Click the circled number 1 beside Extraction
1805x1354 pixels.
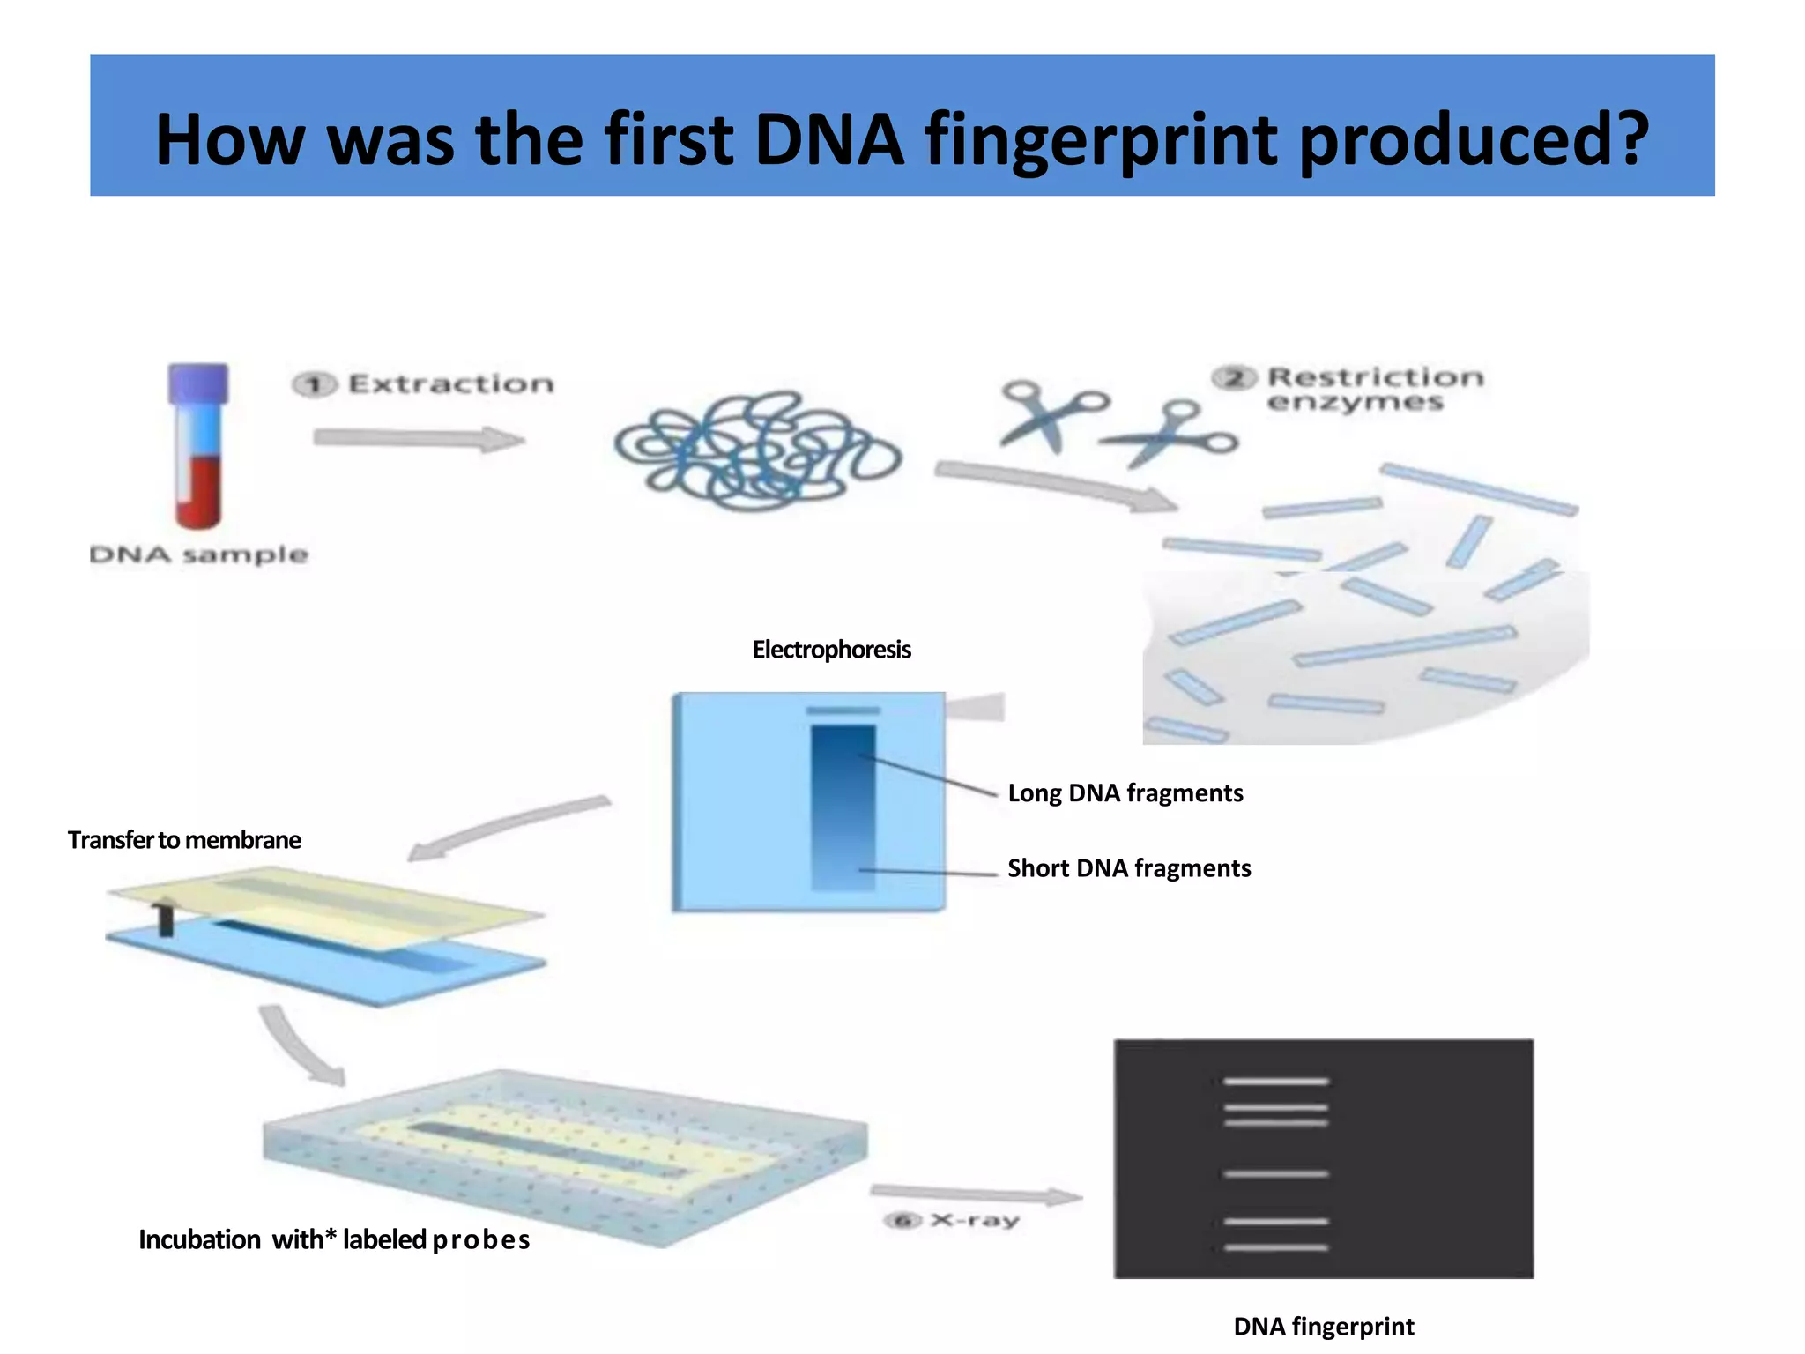(x=315, y=384)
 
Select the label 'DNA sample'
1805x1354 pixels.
(x=199, y=554)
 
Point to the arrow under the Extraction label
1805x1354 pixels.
(x=419, y=438)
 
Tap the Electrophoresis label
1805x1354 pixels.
(x=831, y=650)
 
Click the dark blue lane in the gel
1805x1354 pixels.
(x=843, y=807)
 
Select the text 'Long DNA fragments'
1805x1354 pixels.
(x=1125, y=792)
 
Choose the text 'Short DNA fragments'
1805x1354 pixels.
(x=1128, y=868)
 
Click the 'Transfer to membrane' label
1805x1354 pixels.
(x=184, y=840)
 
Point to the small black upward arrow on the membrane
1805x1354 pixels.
(x=165, y=917)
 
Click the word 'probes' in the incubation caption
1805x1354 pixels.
(x=481, y=1240)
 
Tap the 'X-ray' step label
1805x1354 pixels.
(x=974, y=1220)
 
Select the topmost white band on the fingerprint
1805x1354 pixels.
(x=1275, y=1081)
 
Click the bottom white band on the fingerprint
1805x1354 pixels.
(x=1275, y=1247)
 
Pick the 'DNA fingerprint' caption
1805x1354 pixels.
(x=1323, y=1326)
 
